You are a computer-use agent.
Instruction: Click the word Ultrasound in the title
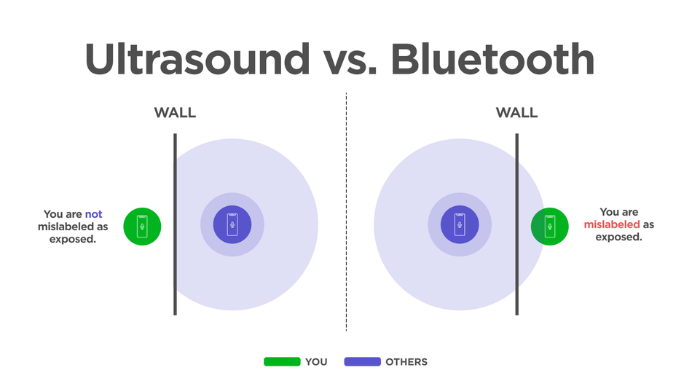pos(197,59)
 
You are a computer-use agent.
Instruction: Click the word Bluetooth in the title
pos(493,59)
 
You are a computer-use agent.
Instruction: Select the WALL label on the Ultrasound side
pos(175,113)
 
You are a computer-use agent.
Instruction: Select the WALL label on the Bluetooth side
pos(516,113)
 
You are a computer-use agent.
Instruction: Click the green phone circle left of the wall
pos(142,227)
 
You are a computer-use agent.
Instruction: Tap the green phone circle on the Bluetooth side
pos(549,227)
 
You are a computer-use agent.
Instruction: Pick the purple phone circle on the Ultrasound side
pos(232,224)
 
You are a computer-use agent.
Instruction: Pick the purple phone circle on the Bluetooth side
pos(460,224)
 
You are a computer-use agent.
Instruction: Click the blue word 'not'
pos(93,214)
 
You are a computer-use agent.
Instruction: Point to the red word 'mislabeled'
pos(612,224)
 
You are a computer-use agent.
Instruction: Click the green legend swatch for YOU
pos(282,361)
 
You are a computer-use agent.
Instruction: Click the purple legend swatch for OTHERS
pos(362,361)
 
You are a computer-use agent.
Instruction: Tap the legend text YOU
pos(316,362)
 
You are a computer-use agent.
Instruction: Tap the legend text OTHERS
pos(406,362)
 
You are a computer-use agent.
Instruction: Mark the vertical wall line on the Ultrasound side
pos(176,224)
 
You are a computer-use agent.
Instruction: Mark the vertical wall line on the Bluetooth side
pos(516,224)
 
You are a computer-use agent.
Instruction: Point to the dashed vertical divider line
pos(346,211)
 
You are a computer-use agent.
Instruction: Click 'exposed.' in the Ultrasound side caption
pos(72,240)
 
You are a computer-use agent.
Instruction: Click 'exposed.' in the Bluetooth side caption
pos(618,237)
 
